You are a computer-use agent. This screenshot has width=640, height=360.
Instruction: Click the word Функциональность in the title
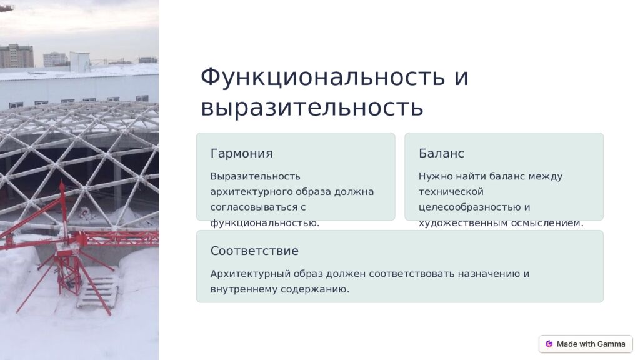(x=322, y=77)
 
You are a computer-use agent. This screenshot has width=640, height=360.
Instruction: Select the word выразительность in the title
(x=312, y=107)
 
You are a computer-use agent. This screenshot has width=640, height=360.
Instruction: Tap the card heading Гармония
(x=242, y=154)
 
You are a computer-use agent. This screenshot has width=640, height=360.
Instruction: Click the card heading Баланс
(x=441, y=154)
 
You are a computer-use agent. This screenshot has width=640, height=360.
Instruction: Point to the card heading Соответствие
(x=254, y=251)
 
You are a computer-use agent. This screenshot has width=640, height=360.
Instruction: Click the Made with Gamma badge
(x=585, y=344)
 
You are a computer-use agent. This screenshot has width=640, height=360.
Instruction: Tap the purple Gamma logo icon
(x=549, y=344)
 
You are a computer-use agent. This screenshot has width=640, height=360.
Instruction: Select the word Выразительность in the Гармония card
(x=255, y=177)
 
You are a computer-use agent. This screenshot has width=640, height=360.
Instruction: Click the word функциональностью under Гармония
(x=265, y=223)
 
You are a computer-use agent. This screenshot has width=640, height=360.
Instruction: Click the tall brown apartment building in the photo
(x=17, y=56)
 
